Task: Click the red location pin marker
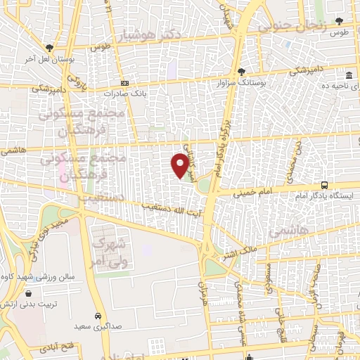click(180, 165)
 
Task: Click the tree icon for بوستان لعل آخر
click(49, 48)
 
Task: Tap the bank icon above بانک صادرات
click(125, 83)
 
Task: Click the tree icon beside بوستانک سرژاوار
click(240, 72)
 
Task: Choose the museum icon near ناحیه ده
click(349, 76)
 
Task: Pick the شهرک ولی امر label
click(108, 253)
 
